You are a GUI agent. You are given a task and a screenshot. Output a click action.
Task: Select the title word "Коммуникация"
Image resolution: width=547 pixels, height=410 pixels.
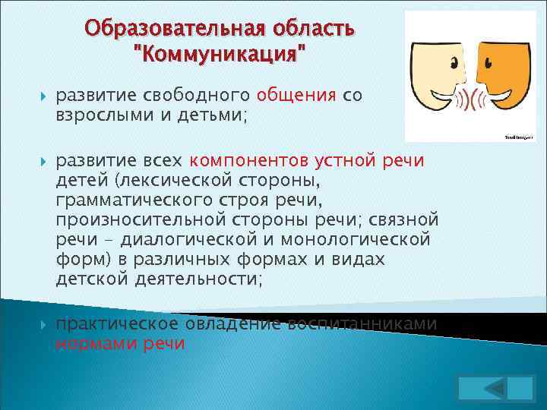tap(220, 55)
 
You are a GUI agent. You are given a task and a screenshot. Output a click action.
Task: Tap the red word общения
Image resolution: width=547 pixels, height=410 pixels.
tap(296, 95)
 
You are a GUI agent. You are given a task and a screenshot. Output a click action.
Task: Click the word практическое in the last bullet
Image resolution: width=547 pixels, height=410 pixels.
tap(113, 323)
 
